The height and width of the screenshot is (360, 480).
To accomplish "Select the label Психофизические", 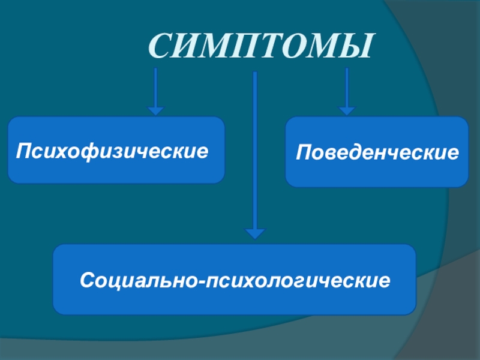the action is pos(113,149).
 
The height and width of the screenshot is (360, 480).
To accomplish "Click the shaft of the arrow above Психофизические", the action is pos(156,88).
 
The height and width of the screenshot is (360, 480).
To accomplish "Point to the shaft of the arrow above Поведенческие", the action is pos(346,88).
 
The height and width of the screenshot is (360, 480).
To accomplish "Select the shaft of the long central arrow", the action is pos(256,150).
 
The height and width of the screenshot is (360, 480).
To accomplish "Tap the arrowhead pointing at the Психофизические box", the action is pos(156,111).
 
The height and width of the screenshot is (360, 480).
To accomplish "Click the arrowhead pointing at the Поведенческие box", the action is pos(346,111).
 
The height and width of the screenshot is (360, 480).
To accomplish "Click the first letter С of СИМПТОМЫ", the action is pos(160,47).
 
